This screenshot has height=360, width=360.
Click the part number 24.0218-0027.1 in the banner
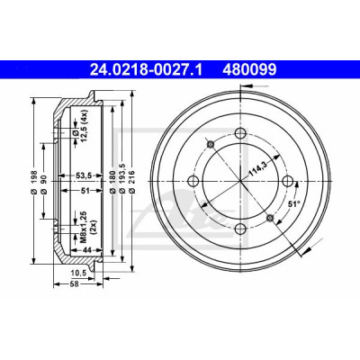(147, 69)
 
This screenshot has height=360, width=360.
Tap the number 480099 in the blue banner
(249, 69)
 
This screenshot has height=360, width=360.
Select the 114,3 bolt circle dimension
(258, 168)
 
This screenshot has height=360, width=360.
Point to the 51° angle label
(294, 204)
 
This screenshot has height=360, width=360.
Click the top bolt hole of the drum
(241, 133)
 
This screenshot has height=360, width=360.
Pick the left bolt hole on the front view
(193, 181)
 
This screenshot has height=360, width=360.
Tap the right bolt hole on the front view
(288, 181)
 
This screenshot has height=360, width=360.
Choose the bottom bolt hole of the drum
(241, 229)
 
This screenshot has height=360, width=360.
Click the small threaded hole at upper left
(211, 144)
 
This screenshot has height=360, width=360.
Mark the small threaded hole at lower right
(271, 218)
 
